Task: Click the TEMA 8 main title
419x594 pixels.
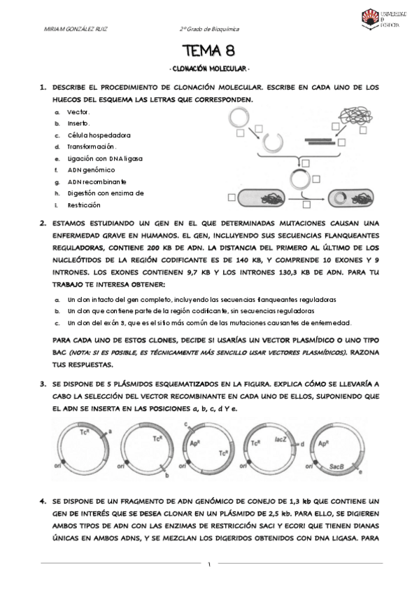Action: click(x=208, y=50)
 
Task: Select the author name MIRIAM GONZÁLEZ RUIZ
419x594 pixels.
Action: click(x=76, y=29)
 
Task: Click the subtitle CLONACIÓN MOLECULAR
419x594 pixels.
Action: click(x=209, y=69)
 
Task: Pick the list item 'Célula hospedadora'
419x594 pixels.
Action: click(x=99, y=135)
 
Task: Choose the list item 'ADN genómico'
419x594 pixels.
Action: click(x=91, y=170)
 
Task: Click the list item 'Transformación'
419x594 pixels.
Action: click(x=92, y=146)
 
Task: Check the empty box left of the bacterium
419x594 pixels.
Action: click(x=232, y=198)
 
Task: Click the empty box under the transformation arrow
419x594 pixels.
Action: click(x=306, y=205)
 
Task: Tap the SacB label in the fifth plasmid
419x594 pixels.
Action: click(x=336, y=467)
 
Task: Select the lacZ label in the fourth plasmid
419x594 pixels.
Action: click(x=280, y=439)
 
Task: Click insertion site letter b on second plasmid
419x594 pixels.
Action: click(x=166, y=476)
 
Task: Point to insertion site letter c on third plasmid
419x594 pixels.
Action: click(x=186, y=424)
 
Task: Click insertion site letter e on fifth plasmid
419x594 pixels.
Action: click(x=360, y=472)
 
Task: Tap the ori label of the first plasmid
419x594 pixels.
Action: click(x=57, y=466)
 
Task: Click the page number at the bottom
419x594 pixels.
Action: click(x=209, y=565)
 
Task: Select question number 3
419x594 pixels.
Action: click(x=43, y=384)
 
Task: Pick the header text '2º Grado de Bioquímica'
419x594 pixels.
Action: click(x=209, y=29)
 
